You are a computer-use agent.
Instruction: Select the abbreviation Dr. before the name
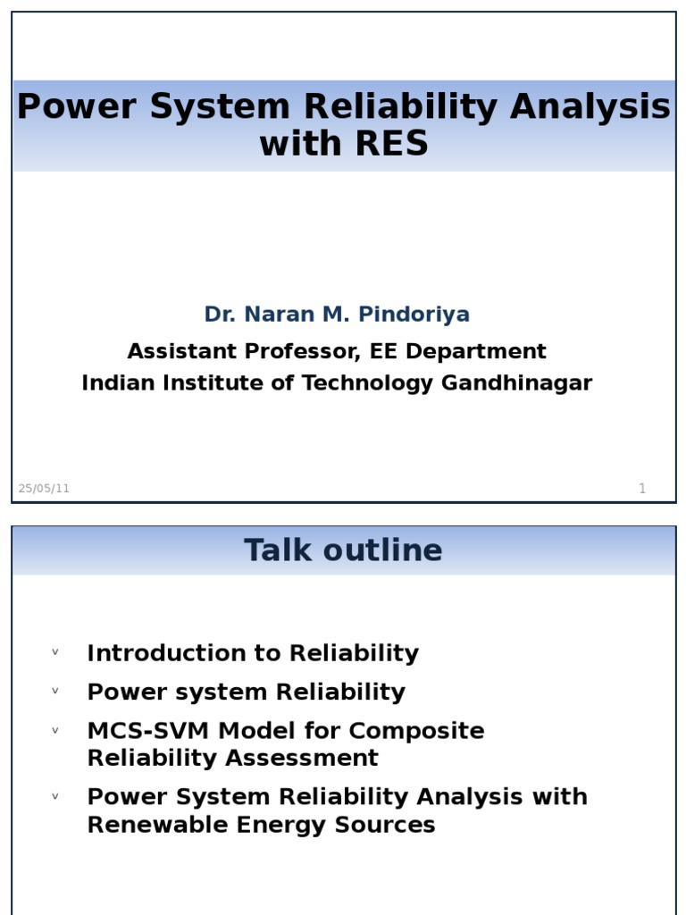pos(219,315)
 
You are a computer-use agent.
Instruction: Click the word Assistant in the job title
pos(179,351)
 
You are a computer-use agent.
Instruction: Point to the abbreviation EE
pos(378,351)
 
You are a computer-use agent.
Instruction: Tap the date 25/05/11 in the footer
pos(44,488)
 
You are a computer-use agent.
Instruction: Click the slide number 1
pos(641,488)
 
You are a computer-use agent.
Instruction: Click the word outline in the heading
pos(390,550)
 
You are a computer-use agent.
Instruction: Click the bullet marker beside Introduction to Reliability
pos(55,652)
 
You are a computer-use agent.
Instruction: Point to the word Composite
pos(416,731)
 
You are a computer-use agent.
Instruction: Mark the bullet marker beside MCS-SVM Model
pos(55,730)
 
